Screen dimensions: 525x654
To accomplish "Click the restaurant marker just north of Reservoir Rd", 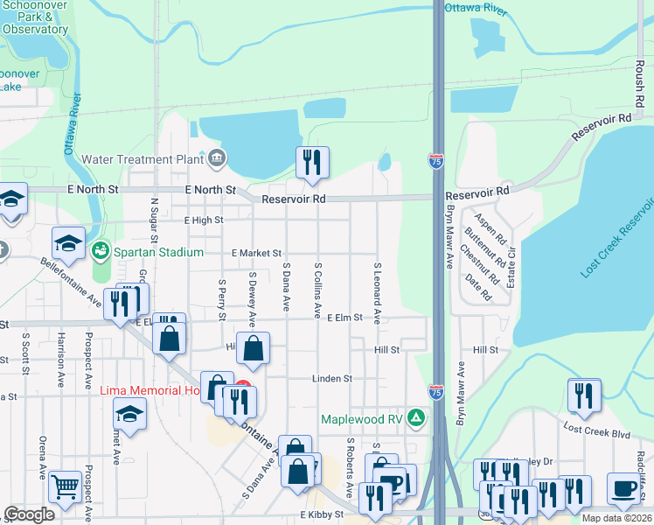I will point(311,162).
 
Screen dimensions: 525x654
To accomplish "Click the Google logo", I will point(29,514).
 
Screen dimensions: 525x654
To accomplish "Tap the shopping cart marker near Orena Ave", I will point(65,486).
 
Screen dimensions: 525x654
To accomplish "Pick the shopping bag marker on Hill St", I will point(253,349).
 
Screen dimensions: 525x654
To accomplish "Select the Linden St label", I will point(332,379).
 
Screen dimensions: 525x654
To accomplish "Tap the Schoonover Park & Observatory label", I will point(35,17).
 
